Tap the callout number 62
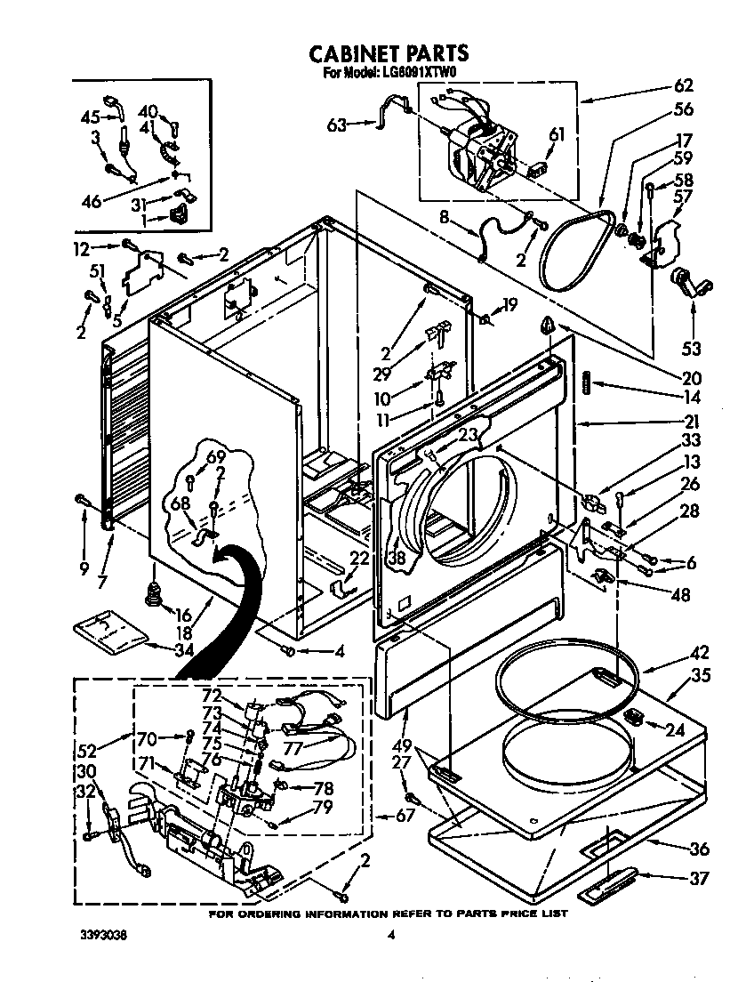click(x=683, y=86)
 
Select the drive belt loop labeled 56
click(x=577, y=240)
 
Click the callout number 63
click(x=336, y=125)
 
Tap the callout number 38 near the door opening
click(x=396, y=559)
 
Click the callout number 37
click(x=700, y=879)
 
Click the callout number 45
click(x=90, y=117)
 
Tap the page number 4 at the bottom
click(x=390, y=935)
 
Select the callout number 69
click(x=215, y=457)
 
